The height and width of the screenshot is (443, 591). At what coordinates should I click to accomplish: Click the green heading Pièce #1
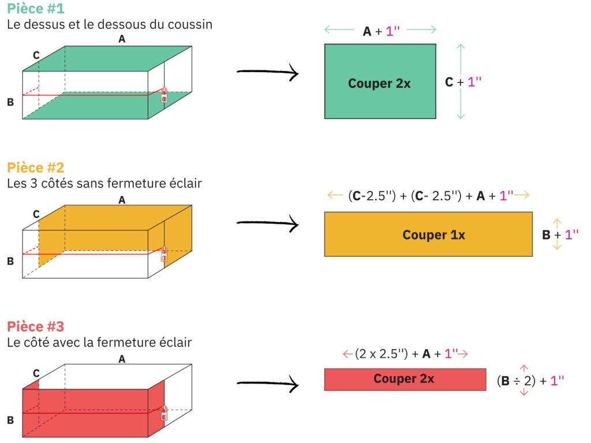(36, 8)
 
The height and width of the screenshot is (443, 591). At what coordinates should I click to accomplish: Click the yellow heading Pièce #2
(36, 167)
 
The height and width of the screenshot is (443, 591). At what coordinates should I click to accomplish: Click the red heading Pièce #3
(36, 326)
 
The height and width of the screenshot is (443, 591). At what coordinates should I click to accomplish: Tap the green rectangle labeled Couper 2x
(380, 81)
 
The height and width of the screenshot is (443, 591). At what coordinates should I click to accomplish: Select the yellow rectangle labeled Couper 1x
(429, 234)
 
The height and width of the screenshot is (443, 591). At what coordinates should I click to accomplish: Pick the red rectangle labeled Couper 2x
(405, 380)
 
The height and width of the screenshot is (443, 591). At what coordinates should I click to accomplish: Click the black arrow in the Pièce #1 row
(268, 72)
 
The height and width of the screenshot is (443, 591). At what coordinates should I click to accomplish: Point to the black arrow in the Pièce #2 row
(268, 223)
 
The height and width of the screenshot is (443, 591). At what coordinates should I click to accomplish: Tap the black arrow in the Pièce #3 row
(268, 384)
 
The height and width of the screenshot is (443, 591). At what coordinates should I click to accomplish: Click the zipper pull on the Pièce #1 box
(164, 95)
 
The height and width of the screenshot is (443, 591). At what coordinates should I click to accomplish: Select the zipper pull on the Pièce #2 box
(164, 254)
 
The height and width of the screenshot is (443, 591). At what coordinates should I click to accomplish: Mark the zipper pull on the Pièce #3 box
(164, 413)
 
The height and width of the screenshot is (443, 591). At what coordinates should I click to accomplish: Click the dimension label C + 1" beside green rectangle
(463, 82)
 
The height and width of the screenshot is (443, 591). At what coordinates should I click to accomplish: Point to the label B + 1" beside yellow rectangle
(560, 235)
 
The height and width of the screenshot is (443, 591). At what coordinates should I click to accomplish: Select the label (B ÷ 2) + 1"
(530, 381)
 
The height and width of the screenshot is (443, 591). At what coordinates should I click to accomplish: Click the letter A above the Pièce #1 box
(122, 39)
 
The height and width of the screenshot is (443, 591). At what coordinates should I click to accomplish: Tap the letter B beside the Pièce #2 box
(10, 261)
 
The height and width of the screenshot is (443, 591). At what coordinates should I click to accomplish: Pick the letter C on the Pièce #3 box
(36, 373)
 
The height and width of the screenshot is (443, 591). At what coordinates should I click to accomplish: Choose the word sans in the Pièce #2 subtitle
(89, 183)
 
